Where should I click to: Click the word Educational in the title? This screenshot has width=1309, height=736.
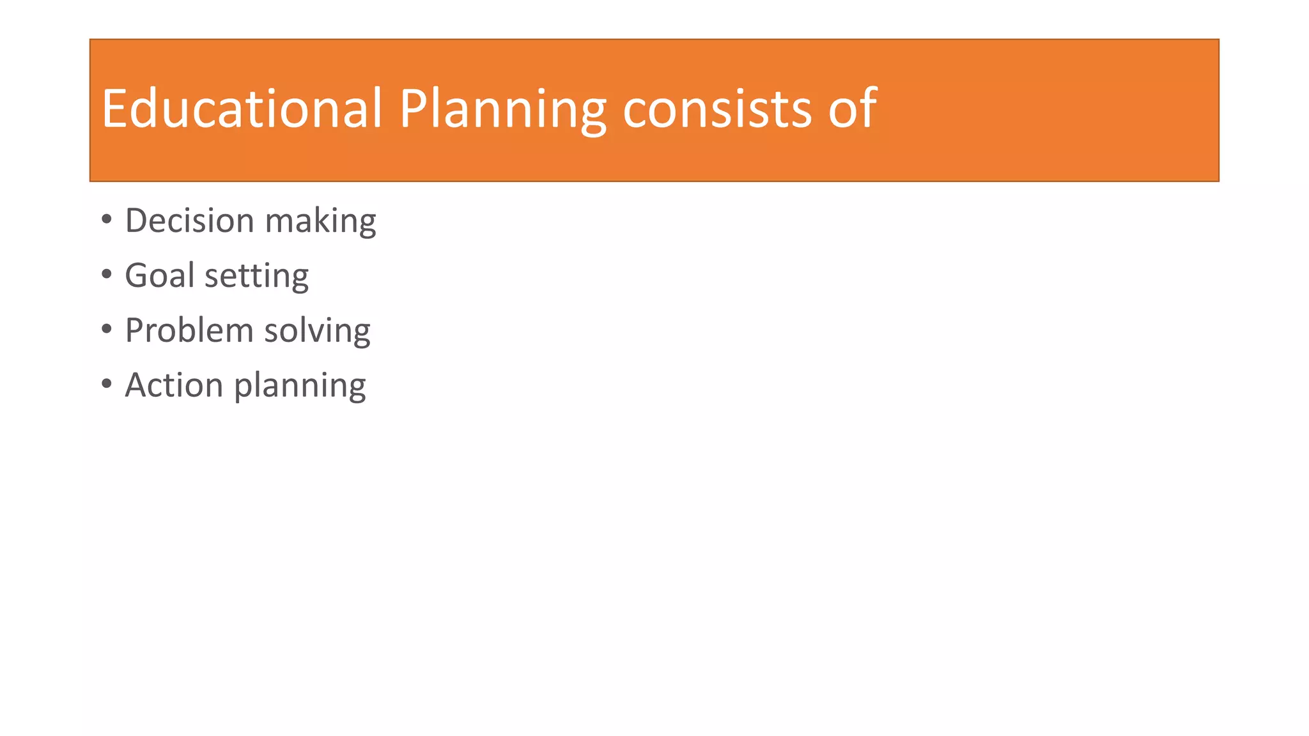tap(242, 109)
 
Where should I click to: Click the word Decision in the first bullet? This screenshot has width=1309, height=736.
tap(189, 220)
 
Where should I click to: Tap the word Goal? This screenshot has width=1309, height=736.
tap(159, 275)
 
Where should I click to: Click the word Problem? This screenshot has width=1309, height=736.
tap(189, 330)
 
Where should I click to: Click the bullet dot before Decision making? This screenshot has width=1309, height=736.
tap(107, 220)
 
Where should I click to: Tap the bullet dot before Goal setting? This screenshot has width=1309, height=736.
tap(107, 275)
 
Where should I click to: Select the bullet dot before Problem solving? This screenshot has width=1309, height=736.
tap(107, 330)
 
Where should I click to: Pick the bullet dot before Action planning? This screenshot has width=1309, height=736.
tap(107, 385)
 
